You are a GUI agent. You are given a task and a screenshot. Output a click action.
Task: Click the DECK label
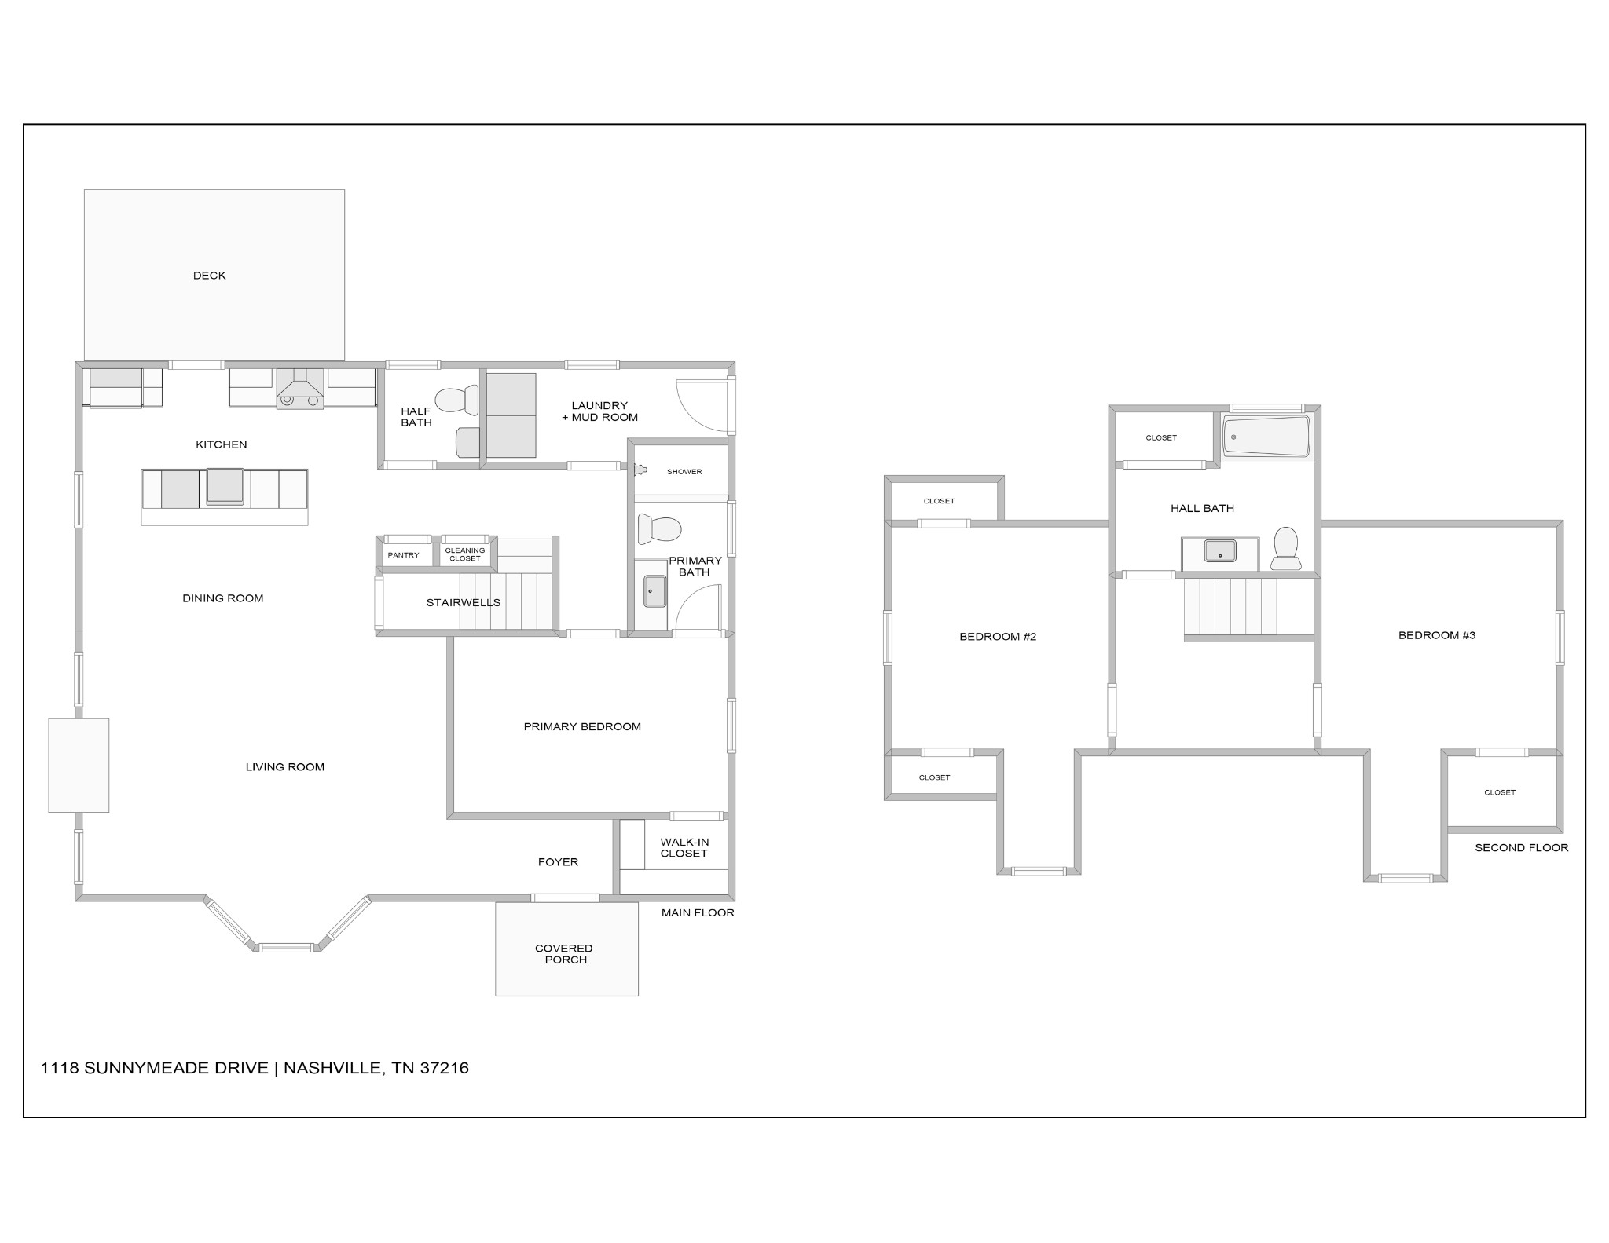click(209, 276)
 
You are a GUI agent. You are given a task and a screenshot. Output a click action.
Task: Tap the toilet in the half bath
click(457, 400)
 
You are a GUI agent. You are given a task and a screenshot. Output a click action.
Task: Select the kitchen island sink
click(225, 486)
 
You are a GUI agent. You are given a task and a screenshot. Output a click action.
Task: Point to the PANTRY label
click(403, 555)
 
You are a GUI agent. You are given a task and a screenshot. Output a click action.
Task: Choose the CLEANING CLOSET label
click(465, 554)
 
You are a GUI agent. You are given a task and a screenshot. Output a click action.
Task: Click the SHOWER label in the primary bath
click(684, 472)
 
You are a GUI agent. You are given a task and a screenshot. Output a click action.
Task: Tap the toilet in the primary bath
click(658, 528)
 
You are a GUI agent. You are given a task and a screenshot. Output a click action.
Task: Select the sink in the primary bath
click(655, 591)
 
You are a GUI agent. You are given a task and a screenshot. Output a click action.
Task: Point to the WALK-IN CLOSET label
click(684, 848)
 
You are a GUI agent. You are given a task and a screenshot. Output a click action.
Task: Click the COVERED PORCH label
click(564, 954)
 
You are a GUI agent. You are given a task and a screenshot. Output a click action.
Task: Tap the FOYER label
click(558, 862)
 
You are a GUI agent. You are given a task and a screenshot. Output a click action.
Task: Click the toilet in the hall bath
click(1286, 547)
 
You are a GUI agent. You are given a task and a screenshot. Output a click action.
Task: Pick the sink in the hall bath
click(1220, 550)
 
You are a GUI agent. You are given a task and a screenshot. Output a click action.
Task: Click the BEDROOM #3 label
click(1437, 635)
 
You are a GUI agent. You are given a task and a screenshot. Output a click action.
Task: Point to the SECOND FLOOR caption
click(1521, 848)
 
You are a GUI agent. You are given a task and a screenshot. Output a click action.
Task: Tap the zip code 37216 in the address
click(445, 1068)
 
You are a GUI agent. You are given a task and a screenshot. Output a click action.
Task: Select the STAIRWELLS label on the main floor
click(463, 603)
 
